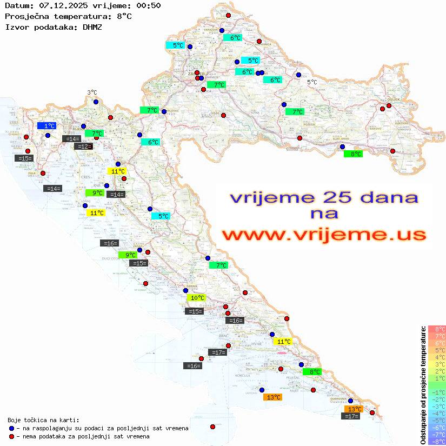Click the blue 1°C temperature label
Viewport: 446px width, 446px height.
pyautogui.click(x=46, y=125)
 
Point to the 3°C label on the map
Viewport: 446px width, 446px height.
pyautogui.click(x=92, y=92)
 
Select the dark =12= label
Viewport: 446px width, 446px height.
pyautogui.click(x=84, y=147)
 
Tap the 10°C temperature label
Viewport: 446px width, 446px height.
pyautogui.click(x=196, y=298)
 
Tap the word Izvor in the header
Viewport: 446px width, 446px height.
pyautogui.click(x=16, y=26)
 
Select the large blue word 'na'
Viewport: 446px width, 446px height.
pyautogui.click(x=324, y=214)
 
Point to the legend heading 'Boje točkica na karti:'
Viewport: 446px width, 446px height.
pyautogui.click(x=43, y=420)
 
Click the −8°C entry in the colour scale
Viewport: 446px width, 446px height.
pyautogui.click(x=437, y=441)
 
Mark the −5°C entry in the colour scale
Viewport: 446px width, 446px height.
pyautogui.click(x=437, y=420)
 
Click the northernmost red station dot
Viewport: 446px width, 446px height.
pyautogui.click(x=228, y=16)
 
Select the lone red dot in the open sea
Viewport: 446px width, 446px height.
pyautogui.click(x=212, y=427)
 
